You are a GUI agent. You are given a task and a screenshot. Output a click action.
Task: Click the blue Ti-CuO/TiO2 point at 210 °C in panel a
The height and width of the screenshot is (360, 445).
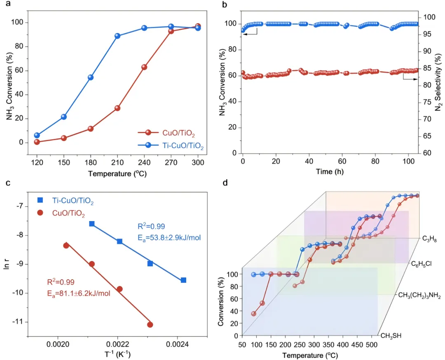(117, 36)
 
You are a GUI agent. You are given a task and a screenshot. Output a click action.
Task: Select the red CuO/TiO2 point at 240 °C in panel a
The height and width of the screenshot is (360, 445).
(144, 67)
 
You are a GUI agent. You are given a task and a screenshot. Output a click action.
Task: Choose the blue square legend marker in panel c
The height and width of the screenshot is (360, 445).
(40, 200)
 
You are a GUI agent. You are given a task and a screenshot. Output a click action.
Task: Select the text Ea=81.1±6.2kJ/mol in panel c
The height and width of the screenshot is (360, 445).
(78, 294)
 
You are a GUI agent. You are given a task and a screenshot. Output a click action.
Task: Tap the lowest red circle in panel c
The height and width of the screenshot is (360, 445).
(150, 325)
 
